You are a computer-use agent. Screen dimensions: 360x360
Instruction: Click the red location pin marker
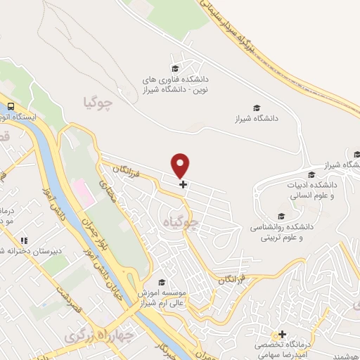coord(181,165)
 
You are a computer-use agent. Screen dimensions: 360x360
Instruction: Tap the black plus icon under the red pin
coord(183,185)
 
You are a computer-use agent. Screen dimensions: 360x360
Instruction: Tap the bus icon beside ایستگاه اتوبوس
coord(11,105)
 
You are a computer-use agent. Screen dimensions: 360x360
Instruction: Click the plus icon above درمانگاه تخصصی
coord(283,334)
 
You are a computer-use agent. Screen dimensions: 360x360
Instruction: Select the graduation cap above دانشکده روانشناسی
coord(282,216)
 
